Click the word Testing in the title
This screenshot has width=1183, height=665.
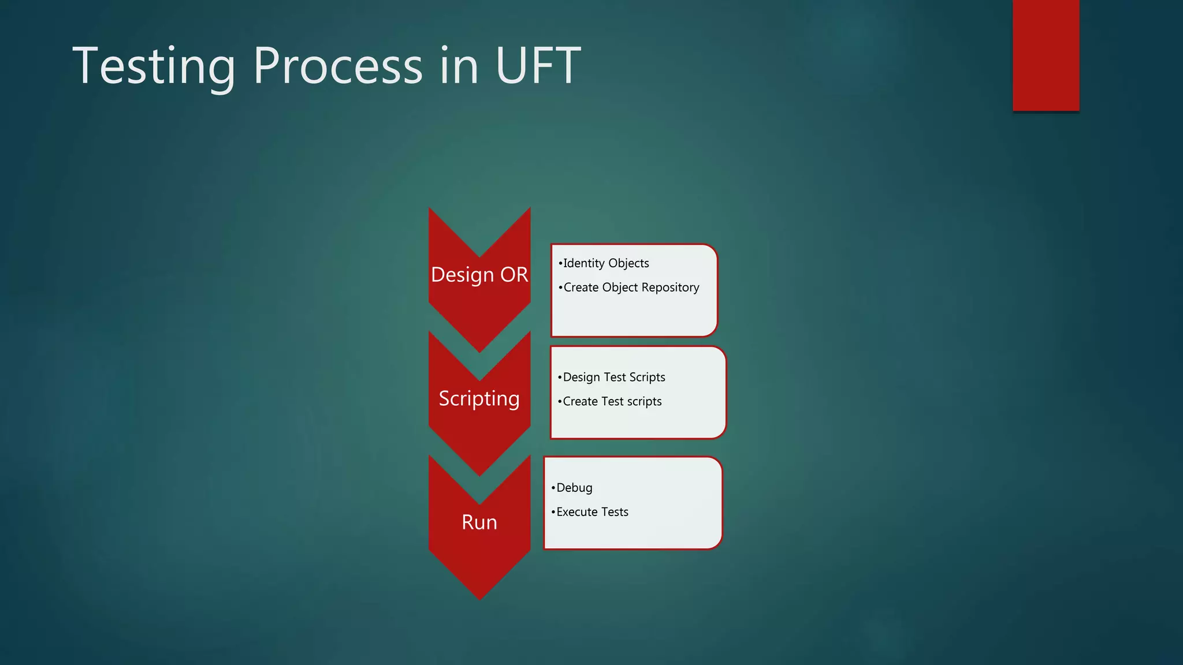tap(154, 66)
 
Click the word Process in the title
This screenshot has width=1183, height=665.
tap(338, 66)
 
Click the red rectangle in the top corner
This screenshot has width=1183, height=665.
tap(1046, 55)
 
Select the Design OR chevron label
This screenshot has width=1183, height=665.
tap(479, 275)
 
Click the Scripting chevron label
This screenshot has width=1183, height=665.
tap(479, 398)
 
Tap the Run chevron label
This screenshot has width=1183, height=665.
tap(479, 522)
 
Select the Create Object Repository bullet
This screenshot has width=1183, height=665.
tap(631, 287)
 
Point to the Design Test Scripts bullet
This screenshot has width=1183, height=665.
tap(613, 378)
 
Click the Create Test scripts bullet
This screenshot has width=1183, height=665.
tap(612, 402)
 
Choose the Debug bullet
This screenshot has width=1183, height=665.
tap(574, 488)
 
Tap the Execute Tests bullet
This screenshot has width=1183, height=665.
tap(591, 512)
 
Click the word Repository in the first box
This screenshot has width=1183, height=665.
tap(670, 287)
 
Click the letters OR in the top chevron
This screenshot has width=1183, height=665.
tap(514, 275)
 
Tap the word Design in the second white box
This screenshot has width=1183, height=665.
tap(581, 378)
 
